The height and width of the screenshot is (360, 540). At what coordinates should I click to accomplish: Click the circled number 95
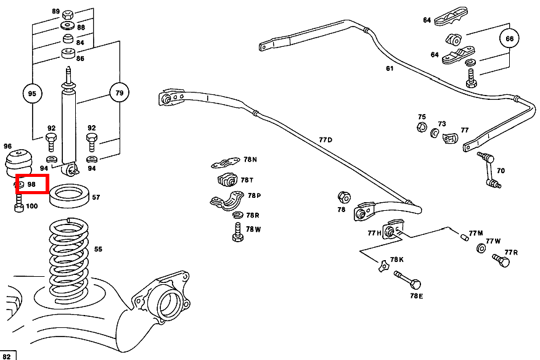click(x=33, y=94)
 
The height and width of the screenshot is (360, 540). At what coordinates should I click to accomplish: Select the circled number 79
click(x=120, y=94)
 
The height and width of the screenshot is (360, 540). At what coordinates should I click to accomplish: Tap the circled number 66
click(x=509, y=38)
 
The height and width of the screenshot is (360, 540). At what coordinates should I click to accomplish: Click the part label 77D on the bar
click(x=325, y=140)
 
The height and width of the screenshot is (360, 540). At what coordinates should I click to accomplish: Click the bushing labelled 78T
click(x=227, y=181)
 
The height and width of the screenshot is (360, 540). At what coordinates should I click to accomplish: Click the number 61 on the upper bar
click(x=389, y=68)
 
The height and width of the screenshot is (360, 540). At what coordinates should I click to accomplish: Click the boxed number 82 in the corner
click(x=8, y=355)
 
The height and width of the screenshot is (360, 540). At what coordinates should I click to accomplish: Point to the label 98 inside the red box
click(x=32, y=184)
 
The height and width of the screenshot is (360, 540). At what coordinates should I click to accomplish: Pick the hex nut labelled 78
click(x=345, y=197)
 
